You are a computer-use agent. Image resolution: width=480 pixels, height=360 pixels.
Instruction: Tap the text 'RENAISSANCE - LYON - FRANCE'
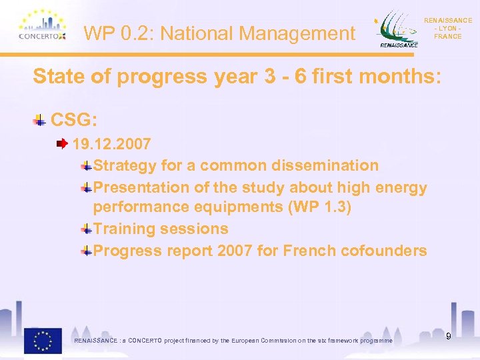tap(447, 29)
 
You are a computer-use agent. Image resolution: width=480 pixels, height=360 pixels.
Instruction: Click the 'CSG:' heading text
tap(74, 120)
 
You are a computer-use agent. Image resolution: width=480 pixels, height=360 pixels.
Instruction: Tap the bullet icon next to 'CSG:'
tap(40, 121)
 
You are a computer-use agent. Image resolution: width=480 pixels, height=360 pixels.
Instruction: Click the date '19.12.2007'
tap(111, 144)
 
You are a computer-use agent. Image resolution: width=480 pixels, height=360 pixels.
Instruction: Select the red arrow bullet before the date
tap(62, 143)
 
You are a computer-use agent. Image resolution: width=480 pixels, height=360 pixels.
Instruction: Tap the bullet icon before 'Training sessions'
tap(87, 229)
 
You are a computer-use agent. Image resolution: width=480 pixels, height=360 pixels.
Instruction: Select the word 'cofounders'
tap(393, 251)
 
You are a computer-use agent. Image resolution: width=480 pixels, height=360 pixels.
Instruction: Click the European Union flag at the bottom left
tap(43, 340)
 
